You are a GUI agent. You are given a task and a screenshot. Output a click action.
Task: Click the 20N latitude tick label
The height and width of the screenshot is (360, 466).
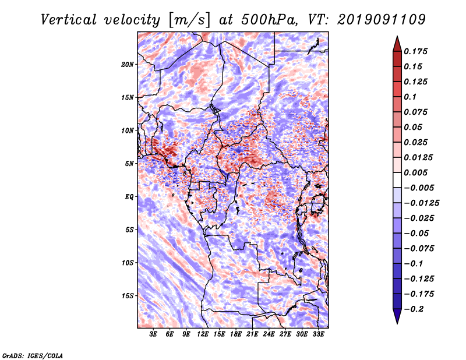(x=128, y=64)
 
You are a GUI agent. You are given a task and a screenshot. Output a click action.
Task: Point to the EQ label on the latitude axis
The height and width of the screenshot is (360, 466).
(x=129, y=196)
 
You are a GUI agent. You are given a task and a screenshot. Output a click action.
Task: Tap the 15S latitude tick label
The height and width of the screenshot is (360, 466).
(x=128, y=295)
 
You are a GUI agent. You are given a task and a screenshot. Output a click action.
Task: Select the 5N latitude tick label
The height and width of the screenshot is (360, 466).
(x=129, y=163)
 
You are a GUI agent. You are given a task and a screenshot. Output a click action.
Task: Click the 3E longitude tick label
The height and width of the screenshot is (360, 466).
(x=154, y=334)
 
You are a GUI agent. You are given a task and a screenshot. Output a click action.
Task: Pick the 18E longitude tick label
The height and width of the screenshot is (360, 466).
(x=236, y=334)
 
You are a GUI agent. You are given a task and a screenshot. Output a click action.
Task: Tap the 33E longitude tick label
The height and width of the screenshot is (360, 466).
(x=318, y=334)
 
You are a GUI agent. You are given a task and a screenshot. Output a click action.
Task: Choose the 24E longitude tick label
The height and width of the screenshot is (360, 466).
(x=269, y=334)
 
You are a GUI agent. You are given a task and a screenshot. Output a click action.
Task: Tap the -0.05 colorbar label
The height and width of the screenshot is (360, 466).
(x=418, y=233)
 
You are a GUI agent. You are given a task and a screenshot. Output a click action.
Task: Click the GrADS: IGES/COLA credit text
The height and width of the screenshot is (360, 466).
(x=33, y=354)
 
